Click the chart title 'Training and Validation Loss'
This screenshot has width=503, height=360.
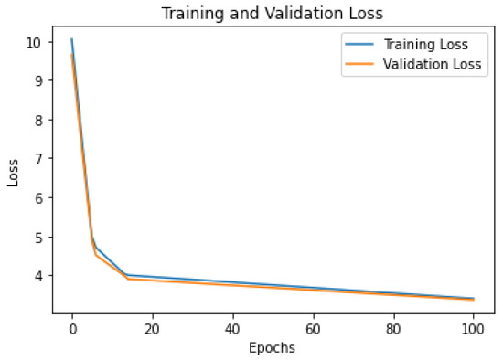273,14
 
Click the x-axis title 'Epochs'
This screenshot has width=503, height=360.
273,347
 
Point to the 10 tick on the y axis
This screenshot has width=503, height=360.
35,42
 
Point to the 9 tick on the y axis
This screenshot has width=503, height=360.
38,81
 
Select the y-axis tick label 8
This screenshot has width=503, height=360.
38,120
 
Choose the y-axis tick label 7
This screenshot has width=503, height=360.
38,159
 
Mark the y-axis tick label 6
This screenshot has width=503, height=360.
38,198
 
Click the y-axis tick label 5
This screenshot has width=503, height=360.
38,237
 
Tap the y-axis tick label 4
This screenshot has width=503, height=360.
38,276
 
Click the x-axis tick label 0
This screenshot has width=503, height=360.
72,327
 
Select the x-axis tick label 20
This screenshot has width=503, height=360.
152,327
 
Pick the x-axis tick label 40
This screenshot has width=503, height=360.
232,327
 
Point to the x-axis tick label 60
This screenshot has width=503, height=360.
313,327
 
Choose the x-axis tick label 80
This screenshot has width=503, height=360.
393,327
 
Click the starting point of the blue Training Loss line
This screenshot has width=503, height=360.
72,39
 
